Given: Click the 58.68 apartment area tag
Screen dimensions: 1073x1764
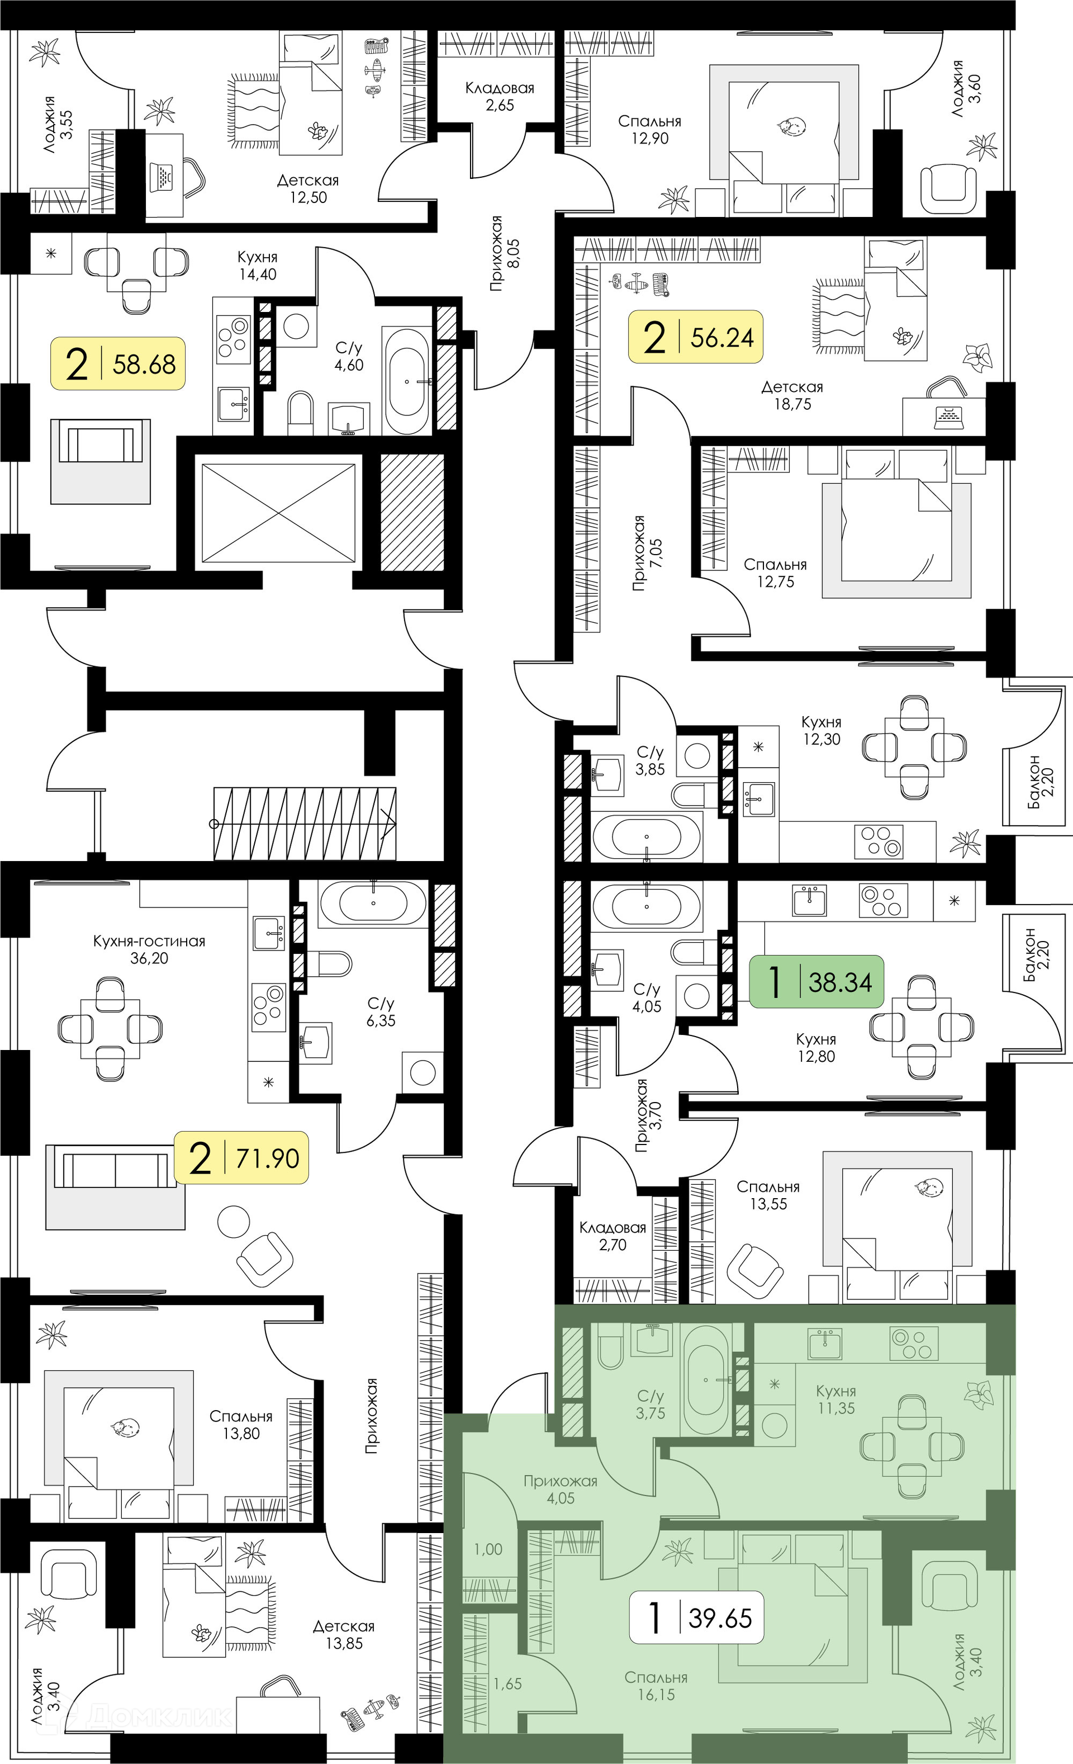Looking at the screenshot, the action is pyautogui.click(x=117, y=363).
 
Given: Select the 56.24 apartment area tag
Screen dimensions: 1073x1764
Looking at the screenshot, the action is pyautogui.click(x=695, y=337).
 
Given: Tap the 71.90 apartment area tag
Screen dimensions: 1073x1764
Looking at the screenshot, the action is pyautogui.click(x=241, y=1157).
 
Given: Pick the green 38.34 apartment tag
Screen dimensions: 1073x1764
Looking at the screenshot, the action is pyautogui.click(x=816, y=981).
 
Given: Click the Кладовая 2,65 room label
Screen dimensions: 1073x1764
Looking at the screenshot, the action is pyautogui.click(x=500, y=97).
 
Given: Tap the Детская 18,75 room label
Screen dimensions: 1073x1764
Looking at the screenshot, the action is pyautogui.click(x=792, y=395).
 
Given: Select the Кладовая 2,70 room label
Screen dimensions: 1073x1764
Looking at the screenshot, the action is pyautogui.click(x=613, y=1236).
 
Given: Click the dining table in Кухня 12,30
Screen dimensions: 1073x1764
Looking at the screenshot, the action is pyautogui.click(x=914, y=746).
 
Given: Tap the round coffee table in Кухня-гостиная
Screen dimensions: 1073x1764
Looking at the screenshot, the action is pyautogui.click(x=234, y=1221).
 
